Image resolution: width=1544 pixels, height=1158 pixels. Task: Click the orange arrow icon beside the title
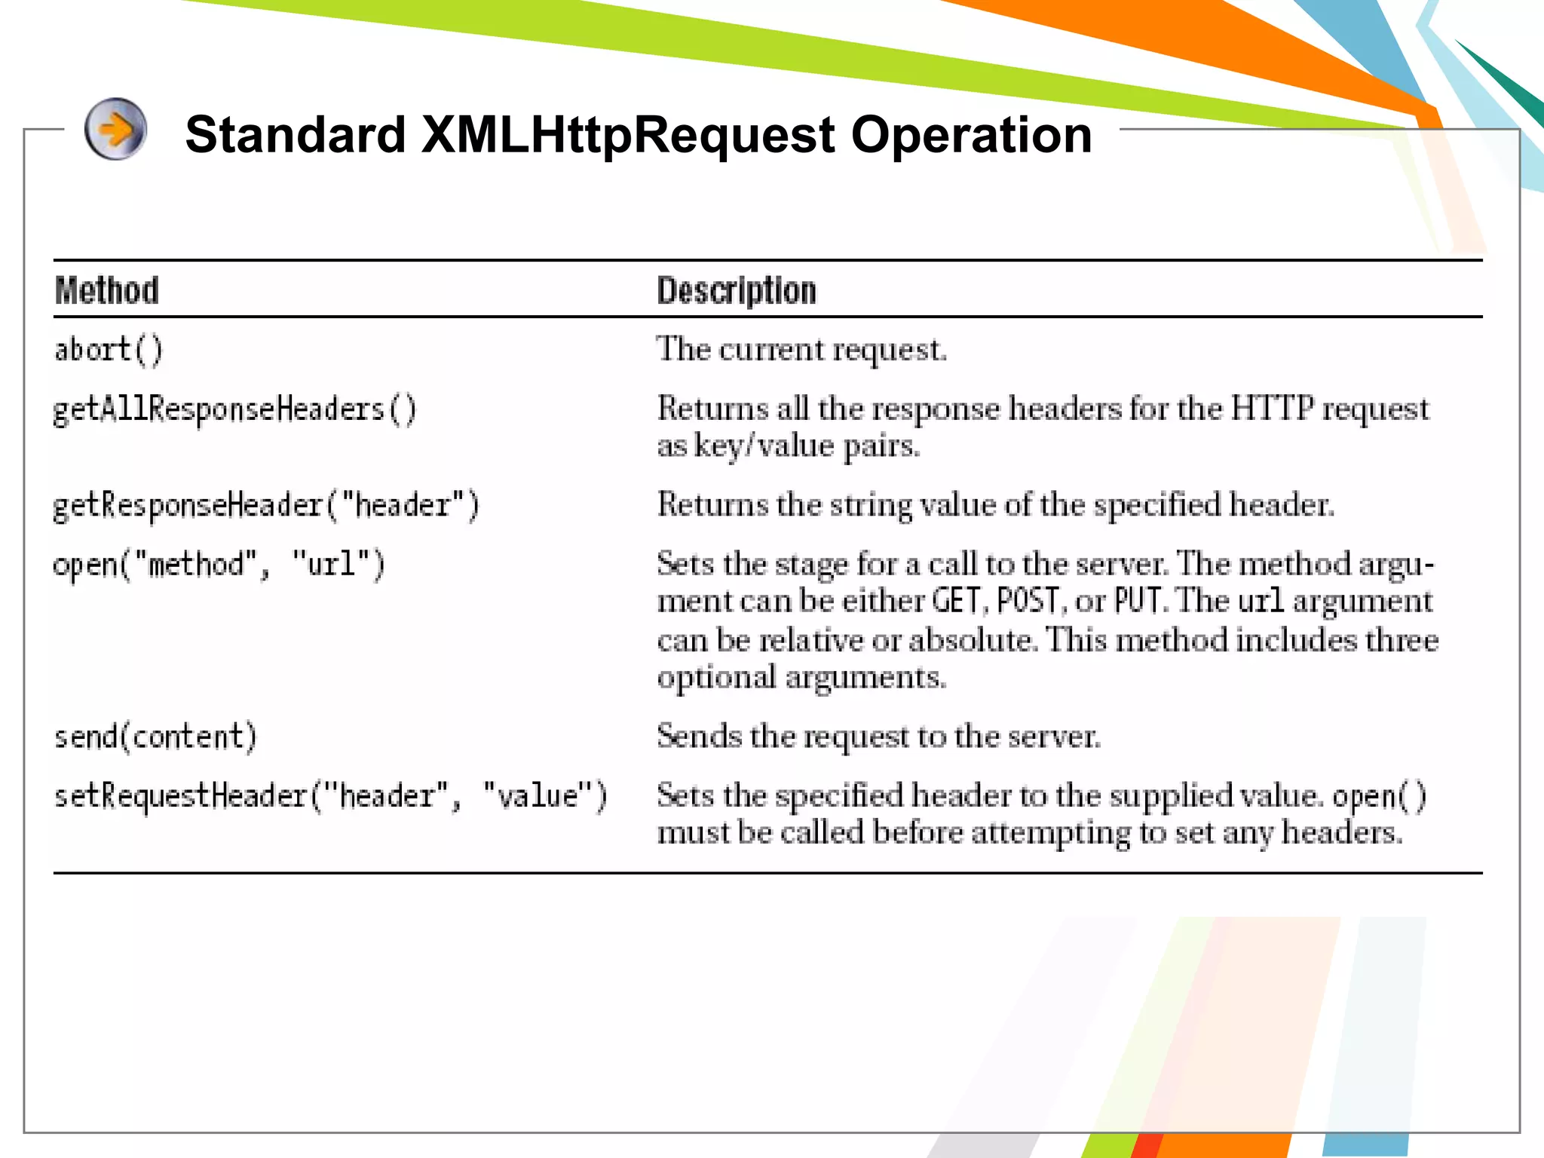(x=115, y=129)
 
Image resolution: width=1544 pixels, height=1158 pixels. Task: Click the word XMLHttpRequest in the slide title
(x=627, y=136)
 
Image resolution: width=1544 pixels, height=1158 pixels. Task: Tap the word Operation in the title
(x=971, y=136)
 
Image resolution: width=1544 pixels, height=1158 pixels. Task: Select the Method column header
(x=107, y=291)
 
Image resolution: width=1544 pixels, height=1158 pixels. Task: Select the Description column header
(x=737, y=291)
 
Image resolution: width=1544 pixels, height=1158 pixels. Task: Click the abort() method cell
(x=109, y=351)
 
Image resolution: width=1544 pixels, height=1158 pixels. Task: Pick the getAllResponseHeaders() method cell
(x=234, y=410)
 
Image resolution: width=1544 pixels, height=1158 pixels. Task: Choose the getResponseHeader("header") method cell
(x=266, y=506)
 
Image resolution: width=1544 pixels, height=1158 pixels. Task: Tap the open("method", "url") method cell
(x=219, y=565)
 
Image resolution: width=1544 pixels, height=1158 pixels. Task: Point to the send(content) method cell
(x=155, y=737)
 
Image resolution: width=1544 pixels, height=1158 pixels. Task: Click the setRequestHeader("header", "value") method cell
(x=330, y=796)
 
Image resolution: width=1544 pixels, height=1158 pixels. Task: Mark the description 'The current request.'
(x=801, y=350)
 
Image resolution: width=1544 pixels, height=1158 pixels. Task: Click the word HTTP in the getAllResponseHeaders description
(x=1272, y=409)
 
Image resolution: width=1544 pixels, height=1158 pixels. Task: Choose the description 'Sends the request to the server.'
(x=878, y=736)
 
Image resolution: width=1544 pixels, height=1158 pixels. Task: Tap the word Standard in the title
(x=296, y=136)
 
